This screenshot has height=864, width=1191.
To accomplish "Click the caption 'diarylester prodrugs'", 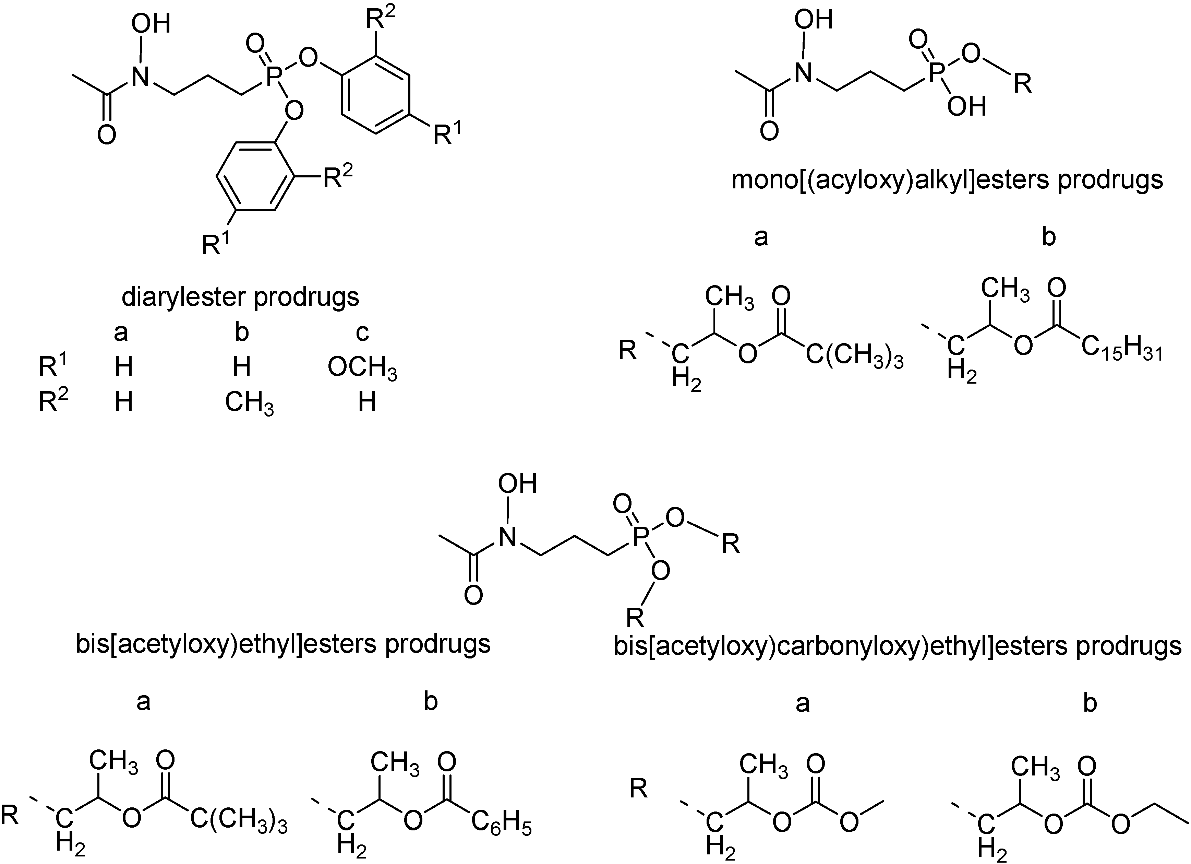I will tap(241, 297).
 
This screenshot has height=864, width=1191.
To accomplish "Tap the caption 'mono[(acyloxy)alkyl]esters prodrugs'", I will tap(947, 180).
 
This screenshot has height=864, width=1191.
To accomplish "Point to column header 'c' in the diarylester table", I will tap(362, 332).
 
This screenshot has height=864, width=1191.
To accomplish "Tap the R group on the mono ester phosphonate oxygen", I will tap(1022, 83).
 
